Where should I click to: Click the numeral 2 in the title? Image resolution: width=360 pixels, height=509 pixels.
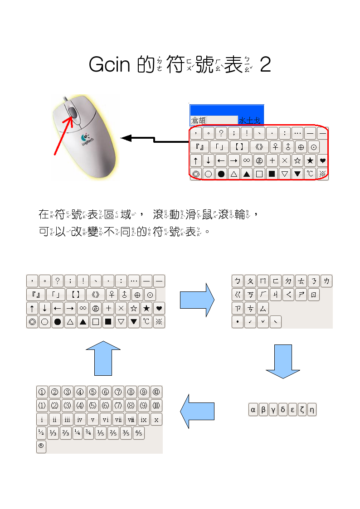tap(266, 65)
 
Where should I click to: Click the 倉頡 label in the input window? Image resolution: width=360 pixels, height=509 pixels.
tap(198, 120)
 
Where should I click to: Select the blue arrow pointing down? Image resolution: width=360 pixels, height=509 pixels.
tap(282, 361)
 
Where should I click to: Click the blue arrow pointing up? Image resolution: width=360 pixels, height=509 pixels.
tap(103, 358)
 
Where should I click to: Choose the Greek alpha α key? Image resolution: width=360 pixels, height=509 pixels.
tap(253, 410)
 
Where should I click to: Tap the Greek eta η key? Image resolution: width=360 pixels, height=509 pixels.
tap(311, 410)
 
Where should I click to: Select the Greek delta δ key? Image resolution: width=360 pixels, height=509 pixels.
tap(283, 410)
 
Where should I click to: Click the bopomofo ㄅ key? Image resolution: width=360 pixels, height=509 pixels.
tap(238, 281)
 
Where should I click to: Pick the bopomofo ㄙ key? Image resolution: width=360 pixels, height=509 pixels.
tap(263, 309)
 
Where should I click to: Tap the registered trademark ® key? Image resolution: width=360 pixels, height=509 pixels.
tap(41, 446)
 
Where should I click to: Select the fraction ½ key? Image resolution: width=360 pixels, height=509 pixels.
tap(41, 433)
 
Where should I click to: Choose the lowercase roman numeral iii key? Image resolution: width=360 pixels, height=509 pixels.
tap(67, 419)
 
